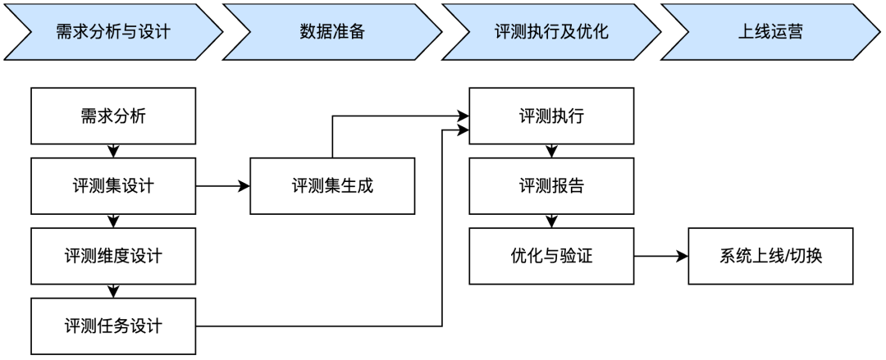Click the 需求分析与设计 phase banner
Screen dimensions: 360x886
click(113, 33)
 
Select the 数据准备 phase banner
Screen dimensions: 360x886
click(331, 33)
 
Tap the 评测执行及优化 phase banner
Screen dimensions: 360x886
click(551, 33)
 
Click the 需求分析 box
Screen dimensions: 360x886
click(113, 116)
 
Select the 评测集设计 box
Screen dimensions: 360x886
click(113, 186)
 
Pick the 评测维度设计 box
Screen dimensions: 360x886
click(113, 256)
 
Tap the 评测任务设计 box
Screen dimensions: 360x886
click(113, 326)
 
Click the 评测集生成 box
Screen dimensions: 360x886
click(332, 186)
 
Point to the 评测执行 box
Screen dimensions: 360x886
click(551, 116)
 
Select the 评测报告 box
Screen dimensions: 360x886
click(551, 186)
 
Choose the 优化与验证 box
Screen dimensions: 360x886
click(551, 257)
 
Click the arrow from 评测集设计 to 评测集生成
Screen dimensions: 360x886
click(222, 186)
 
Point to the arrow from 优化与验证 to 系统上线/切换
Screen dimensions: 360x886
click(660, 257)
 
